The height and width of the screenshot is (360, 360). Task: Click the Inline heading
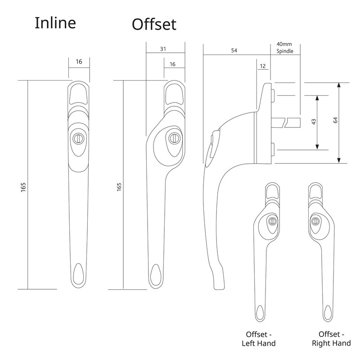(55, 23)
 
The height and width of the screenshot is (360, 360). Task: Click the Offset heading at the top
(153, 24)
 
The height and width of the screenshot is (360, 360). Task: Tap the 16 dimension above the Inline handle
(79, 62)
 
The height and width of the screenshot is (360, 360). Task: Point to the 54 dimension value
(234, 51)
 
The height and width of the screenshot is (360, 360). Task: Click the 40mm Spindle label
(284, 48)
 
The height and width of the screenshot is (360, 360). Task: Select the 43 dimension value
(314, 121)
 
